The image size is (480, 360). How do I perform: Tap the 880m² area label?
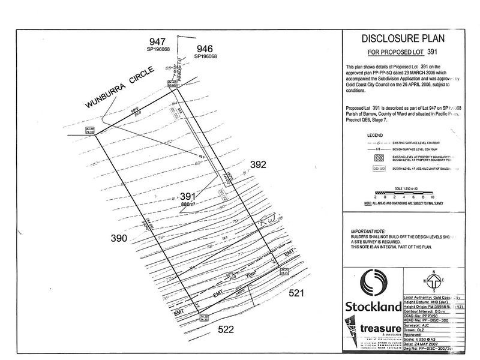click(x=189, y=205)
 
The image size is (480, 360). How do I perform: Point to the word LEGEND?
click(x=374, y=135)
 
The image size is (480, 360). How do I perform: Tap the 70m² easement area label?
click(x=234, y=278)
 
